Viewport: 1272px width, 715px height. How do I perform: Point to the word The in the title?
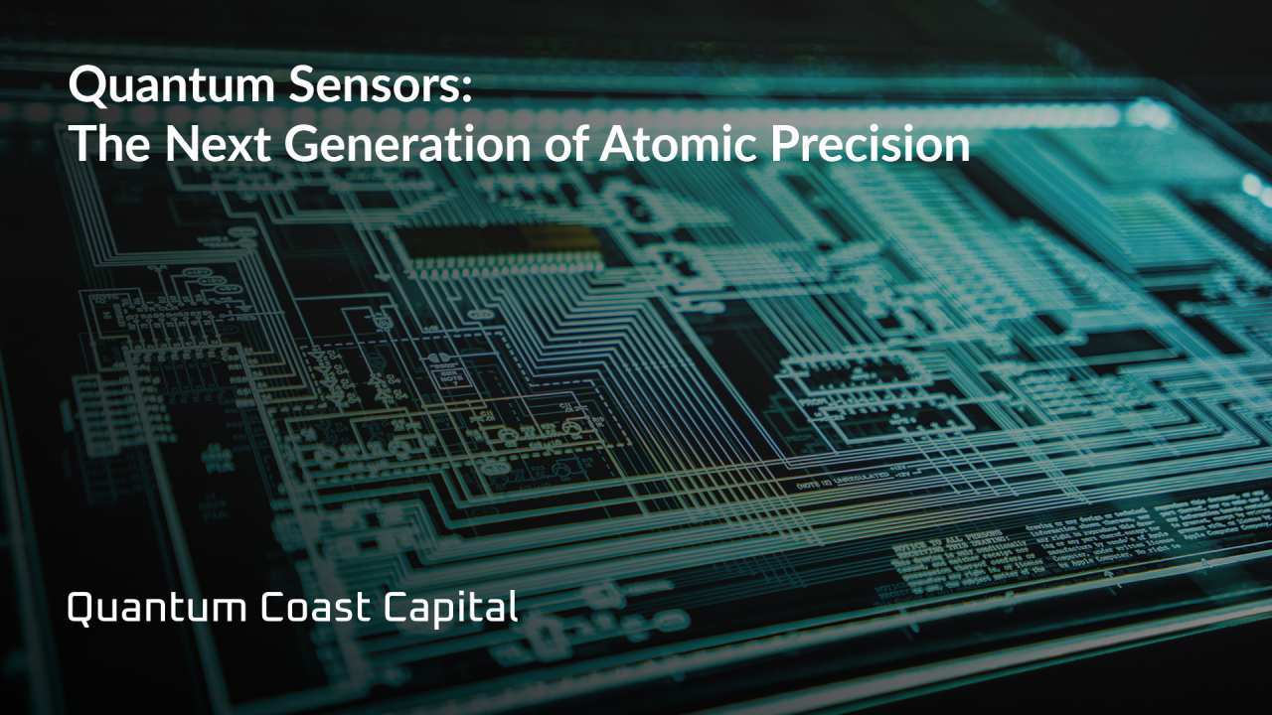[106, 145]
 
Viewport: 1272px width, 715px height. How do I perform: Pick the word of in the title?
[560, 145]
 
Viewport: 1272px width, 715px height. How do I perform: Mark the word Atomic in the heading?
[675, 145]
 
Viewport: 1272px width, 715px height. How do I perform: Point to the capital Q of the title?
[87, 88]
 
